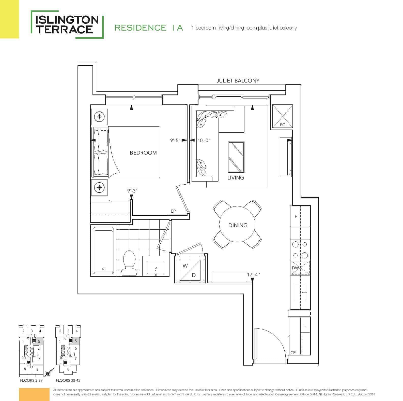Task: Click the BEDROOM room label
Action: pos(143,153)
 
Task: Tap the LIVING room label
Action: pos(236,178)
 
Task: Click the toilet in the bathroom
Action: pos(129,263)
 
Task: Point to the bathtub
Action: pos(103,250)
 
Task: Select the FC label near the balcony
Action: pos(282,125)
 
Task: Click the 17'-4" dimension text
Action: pos(253,275)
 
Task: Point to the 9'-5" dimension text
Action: pos(175,140)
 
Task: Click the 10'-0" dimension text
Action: pos(204,140)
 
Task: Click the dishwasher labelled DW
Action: pos(300,268)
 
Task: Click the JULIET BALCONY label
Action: pos(238,81)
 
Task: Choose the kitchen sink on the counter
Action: pos(300,292)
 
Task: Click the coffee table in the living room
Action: pos(236,157)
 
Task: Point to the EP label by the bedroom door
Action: pos(173,211)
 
